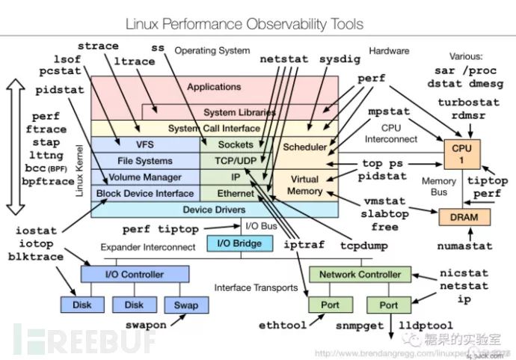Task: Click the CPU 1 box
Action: pos(462,154)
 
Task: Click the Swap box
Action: pos(185,305)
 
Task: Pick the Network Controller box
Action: pos(360,274)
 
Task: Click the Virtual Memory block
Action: pos(304,185)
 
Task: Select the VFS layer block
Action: pos(144,144)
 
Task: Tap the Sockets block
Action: pos(236,144)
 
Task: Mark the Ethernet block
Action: pos(236,193)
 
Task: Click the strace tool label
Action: pos(98,46)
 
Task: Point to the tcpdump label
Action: pos(349,245)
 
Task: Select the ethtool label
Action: pos(283,326)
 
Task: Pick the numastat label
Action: pos(464,245)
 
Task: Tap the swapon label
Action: pos(145,326)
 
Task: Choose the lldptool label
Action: pos(426,326)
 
